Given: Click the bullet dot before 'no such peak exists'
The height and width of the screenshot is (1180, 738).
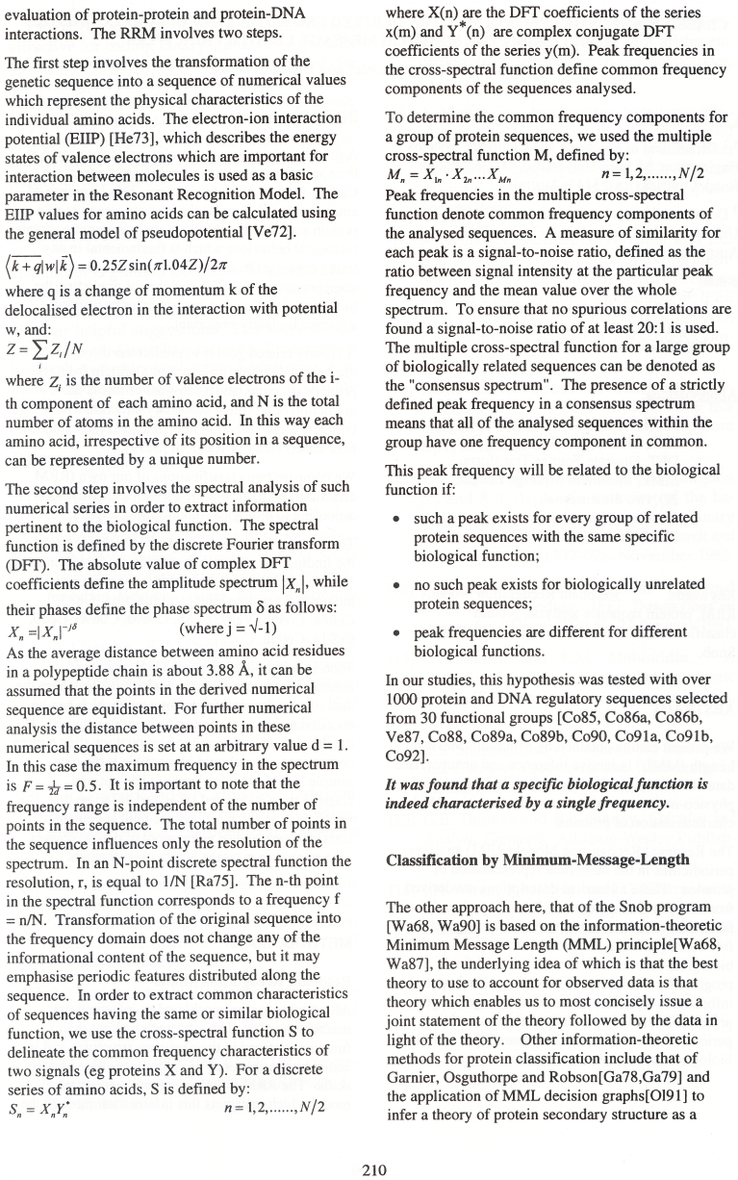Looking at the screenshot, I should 395,585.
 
